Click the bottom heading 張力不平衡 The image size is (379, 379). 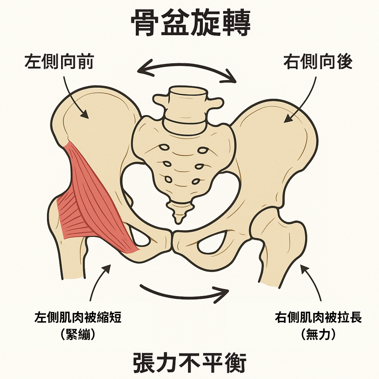click(190, 363)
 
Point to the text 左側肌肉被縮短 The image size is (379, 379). click(78, 318)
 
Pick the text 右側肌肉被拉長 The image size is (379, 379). click(319, 318)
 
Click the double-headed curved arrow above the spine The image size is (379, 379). click(186, 69)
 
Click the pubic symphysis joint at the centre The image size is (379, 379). click(172, 241)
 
